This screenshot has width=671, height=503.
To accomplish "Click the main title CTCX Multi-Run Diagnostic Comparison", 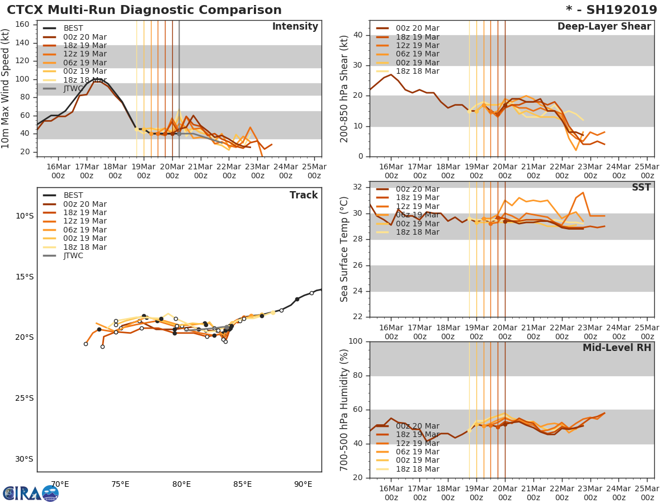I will [x=144, y=10].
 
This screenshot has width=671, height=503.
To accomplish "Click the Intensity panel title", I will [x=295, y=27].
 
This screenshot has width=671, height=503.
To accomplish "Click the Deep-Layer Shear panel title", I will [x=604, y=27].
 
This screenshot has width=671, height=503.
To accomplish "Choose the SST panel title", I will [x=641, y=188].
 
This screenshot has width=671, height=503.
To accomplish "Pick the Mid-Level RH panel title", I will [x=617, y=348].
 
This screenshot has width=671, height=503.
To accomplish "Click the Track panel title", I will [x=303, y=195].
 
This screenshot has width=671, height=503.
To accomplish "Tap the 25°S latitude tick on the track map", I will [x=25, y=398].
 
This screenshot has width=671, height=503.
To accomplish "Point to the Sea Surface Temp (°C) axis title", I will [x=344, y=249].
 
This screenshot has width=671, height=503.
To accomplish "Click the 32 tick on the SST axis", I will [x=358, y=187].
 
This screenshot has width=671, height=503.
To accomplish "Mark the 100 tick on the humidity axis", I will [x=356, y=341].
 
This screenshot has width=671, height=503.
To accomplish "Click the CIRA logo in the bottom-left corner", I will [x=31, y=493].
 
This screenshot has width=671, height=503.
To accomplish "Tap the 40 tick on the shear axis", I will [x=358, y=35].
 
